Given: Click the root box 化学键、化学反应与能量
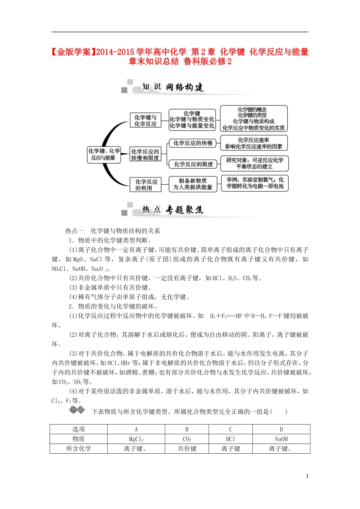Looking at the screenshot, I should (x=104, y=155).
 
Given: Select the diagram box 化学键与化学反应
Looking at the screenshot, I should (x=146, y=120).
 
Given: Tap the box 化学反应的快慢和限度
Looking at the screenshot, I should (x=145, y=155).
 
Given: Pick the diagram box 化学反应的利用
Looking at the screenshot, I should (x=145, y=185).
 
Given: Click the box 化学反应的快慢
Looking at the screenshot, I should (x=193, y=143).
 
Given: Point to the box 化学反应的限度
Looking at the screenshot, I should (x=193, y=164).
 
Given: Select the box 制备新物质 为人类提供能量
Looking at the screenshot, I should (x=193, y=184).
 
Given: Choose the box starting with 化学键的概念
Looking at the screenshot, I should (x=253, y=119).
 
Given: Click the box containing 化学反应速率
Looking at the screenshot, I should (x=254, y=143).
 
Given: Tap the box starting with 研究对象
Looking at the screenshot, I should (x=254, y=164).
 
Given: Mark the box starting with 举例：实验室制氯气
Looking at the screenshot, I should (x=255, y=183).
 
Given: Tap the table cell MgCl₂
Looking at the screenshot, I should (x=136, y=439).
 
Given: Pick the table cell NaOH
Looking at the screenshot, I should (x=281, y=439).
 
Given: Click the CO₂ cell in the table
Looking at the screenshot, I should (x=187, y=439).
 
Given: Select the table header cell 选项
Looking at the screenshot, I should (x=78, y=429).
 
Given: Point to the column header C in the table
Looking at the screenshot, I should (x=230, y=429).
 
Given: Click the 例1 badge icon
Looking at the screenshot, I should (x=77, y=410).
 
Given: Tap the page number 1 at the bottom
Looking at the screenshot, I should (x=307, y=476).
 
